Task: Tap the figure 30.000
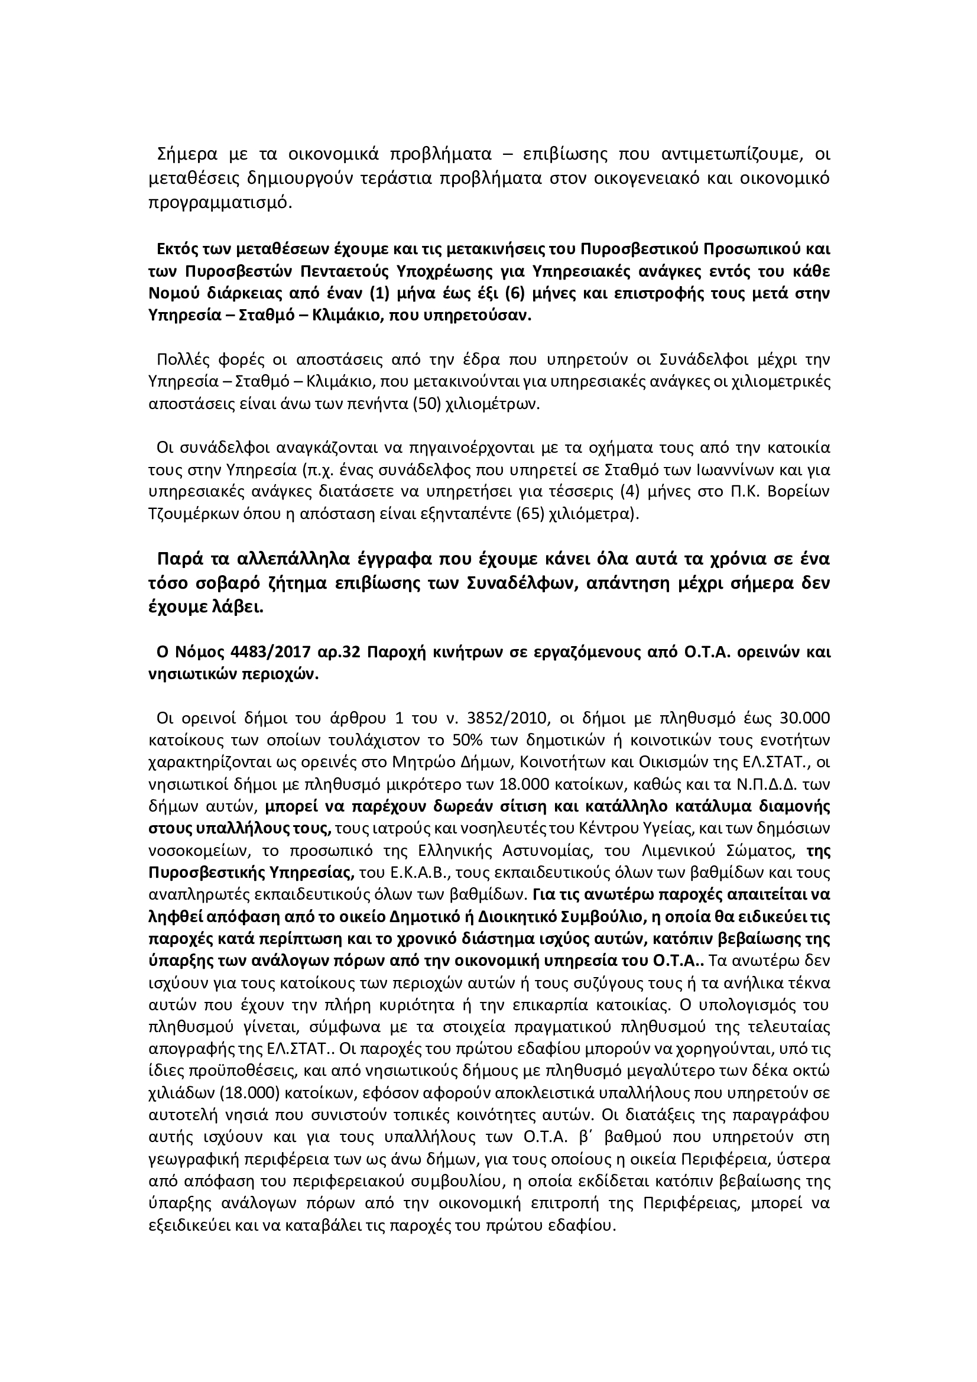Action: [805, 718]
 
